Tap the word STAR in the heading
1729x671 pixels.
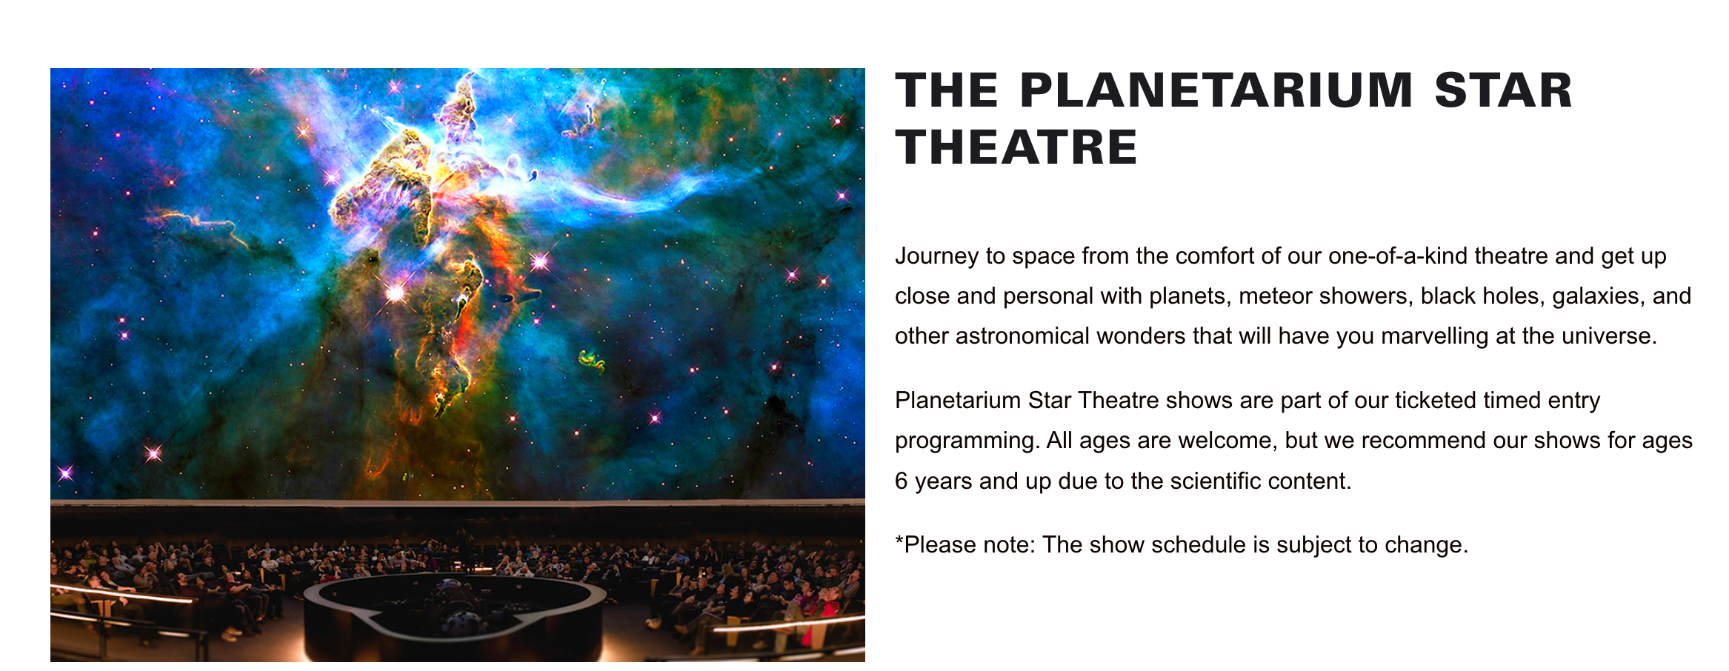(1503, 90)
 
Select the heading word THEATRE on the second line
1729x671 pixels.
(1016, 147)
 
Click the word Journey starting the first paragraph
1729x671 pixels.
(936, 256)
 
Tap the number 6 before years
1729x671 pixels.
(901, 481)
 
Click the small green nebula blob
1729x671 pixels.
(592, 360)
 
